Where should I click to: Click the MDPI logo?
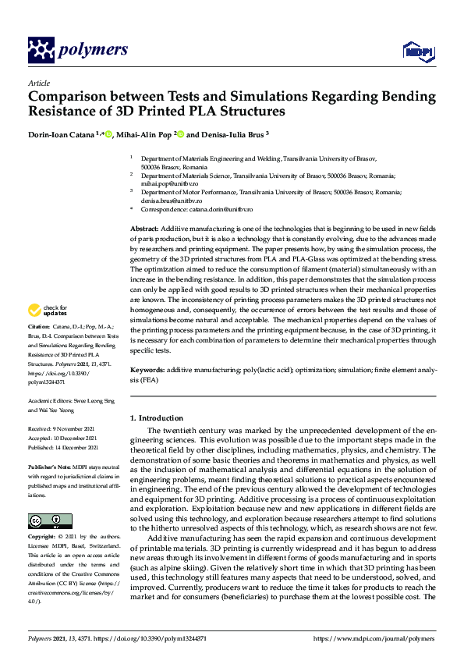pyautogui.click(x=416, y=52)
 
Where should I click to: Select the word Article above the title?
pyautogui.click(x=38, y=83)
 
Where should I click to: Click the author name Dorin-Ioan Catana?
pyautogui.click(x=61, y=134)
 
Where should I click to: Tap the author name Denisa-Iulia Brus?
pyautogui.click(x=232, y=134)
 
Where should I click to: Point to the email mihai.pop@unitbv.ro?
pyautogui.click(x=161, y=183)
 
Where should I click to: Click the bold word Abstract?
pyautogui.click(x=144, y=227)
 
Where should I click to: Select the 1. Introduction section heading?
pyautogui.click(x=157, y=418)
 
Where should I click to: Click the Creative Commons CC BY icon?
pyautogui.click(x=44, y=521)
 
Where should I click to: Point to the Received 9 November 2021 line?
pyautogui.click(x=62, y=429)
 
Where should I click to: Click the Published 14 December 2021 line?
pyautogui.click(x=63, y=448)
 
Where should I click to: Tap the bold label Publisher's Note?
pyautogui.click(x=50, y=466)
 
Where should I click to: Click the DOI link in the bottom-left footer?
pyautogui.click(x=149, y=638)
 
